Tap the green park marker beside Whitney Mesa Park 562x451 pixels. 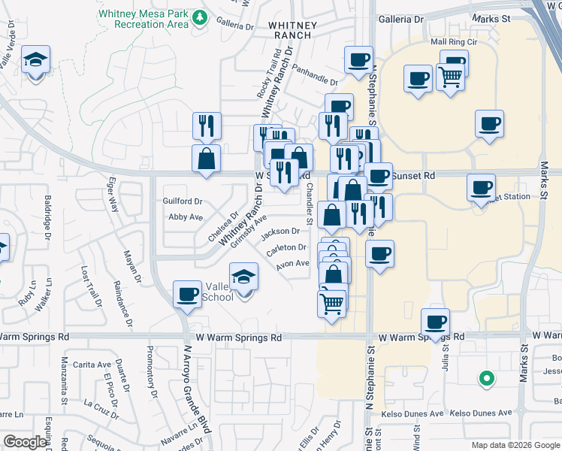pos(200,17)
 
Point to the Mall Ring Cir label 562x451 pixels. pos(453,44)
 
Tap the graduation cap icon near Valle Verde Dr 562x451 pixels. pos(35,59)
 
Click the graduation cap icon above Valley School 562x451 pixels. pos(243,276)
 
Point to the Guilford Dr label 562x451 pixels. pos(183,201)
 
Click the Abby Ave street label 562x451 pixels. pos(186,216)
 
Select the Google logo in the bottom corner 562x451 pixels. pos(25,442)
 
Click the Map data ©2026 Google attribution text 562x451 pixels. pos(515,445)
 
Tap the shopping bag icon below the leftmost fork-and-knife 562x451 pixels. pos(206,158)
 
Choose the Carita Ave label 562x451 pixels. pos(93,365)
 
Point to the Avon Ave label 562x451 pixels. pos(293,264)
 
